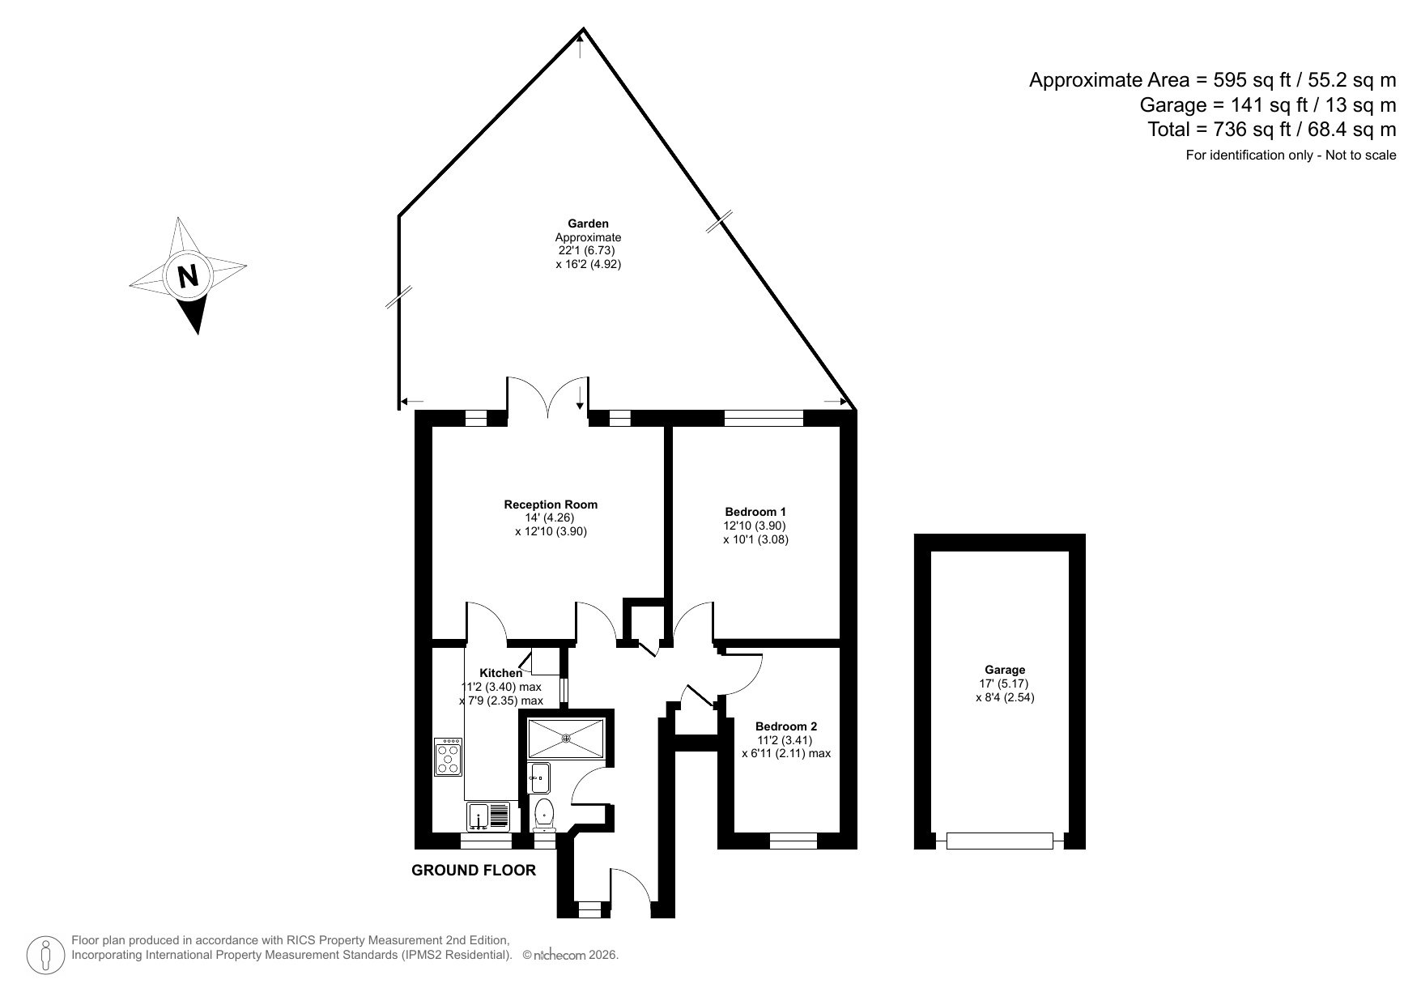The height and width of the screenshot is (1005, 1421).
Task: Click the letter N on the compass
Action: (x=188, y=277)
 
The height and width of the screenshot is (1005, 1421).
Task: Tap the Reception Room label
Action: (x=551, y=505)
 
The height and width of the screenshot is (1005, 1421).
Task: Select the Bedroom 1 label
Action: (x=755, y=512)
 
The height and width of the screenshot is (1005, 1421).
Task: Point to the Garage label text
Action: (x=1005, y=670)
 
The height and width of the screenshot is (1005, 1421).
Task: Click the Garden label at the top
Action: (x=588, y=224)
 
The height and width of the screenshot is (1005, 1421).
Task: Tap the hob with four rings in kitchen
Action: (x=448, y=756)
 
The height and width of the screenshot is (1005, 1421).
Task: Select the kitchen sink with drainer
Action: (x=488, y=815)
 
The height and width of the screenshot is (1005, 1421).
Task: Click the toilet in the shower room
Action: (x=543, y=812)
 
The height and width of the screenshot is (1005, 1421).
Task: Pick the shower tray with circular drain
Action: (x=566, y=737)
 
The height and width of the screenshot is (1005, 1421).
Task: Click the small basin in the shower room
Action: (x=538, y=777)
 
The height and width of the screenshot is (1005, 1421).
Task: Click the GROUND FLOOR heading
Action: (x=474, y=871)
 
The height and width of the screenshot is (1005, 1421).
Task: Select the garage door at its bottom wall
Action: (x=1000, y=841)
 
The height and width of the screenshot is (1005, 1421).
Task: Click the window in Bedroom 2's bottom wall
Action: (x=793, y=842)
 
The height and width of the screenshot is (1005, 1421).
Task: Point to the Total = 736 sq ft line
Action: (x=1271, y=129)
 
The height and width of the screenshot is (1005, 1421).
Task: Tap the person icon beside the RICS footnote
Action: (x=46, y=955)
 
